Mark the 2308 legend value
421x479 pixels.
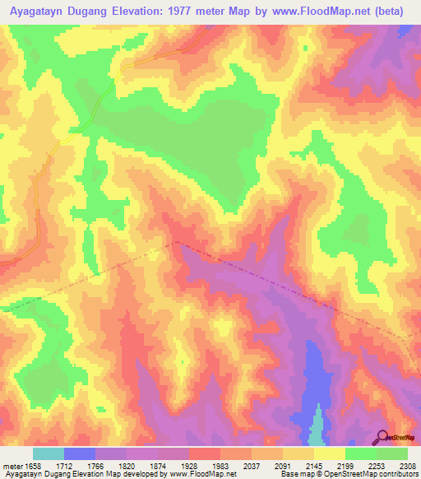click(406, 466)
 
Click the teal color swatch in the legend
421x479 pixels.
click(48, 453)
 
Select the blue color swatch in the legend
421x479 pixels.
click(79, 453)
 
